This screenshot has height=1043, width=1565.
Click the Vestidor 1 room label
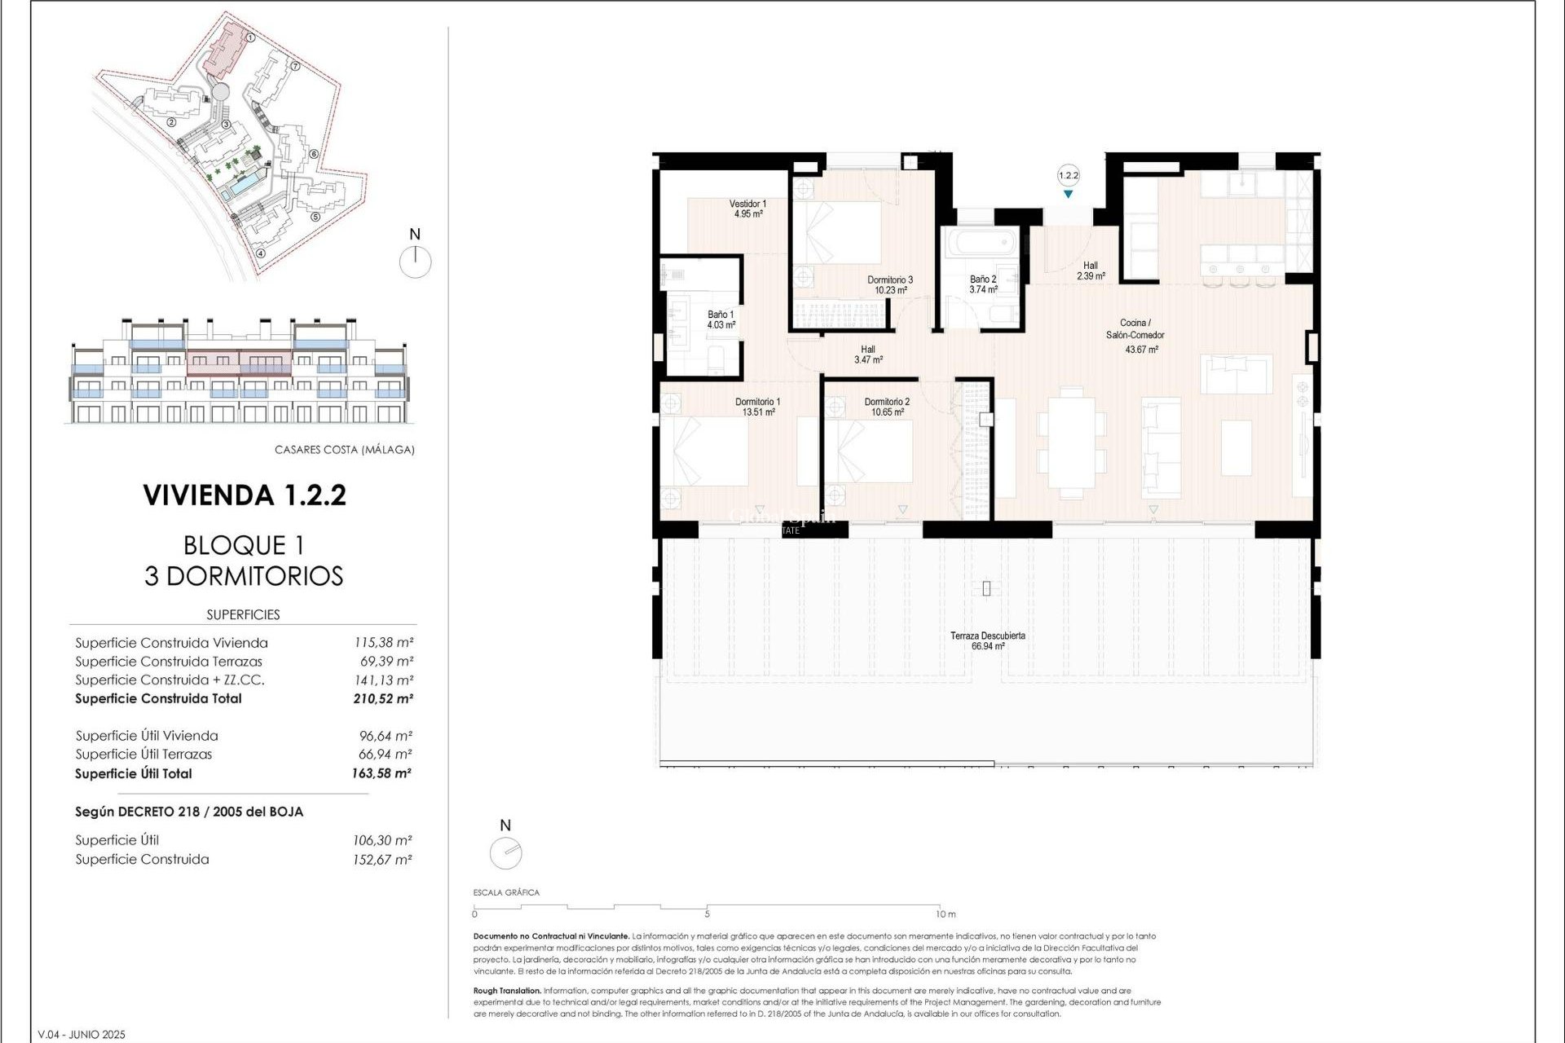click(747, 209)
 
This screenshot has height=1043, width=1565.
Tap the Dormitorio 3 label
click(889, 284)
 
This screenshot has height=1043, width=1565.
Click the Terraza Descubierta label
click(987, 640)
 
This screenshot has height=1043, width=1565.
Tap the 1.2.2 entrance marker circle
click(1068, 175)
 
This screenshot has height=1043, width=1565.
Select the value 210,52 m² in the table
click(382, 698)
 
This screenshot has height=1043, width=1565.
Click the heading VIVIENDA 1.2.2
click(245, 495)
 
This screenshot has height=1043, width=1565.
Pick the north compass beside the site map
click(416, 262)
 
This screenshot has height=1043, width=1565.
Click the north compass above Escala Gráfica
click(505, 853)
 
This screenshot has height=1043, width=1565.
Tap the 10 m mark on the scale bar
click(945, 914)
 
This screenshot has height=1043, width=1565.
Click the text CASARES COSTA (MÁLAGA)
click(344, 450)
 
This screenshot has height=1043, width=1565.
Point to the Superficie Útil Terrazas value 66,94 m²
click(385, 755)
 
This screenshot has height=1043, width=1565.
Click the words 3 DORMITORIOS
click(244, 576)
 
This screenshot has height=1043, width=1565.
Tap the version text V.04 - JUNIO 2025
click(82, 1035)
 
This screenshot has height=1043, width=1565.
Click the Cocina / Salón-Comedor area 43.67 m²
click(1141, 350)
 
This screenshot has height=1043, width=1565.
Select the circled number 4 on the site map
click(261, 253)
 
